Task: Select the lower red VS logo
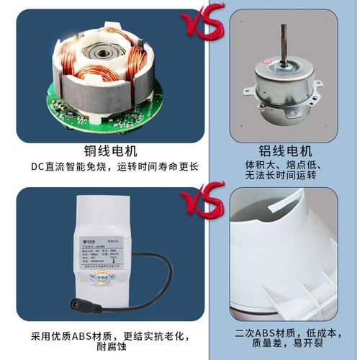click(204, 204)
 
